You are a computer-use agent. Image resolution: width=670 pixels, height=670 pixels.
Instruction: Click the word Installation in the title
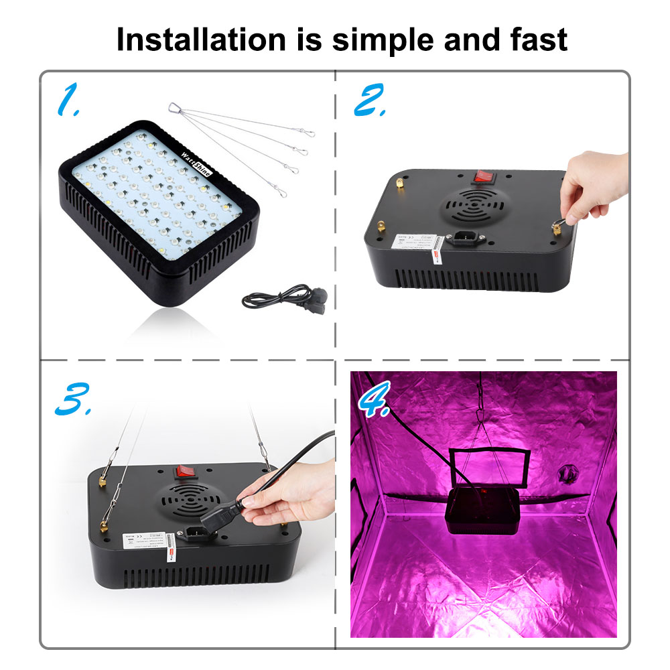tap(199, 40)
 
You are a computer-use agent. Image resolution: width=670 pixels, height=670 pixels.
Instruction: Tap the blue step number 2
tap(369, 100)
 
